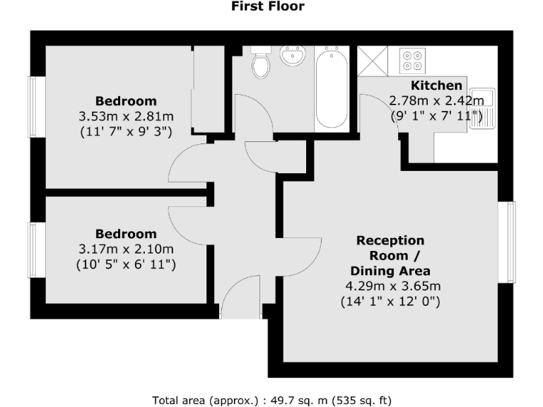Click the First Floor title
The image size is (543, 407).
268,6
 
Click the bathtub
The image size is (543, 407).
331,88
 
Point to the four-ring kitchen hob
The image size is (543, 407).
413,60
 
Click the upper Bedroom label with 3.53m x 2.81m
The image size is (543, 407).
126,101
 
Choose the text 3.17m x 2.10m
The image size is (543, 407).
126,249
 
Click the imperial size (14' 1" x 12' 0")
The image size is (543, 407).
390,302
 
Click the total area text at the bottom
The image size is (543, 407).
271,400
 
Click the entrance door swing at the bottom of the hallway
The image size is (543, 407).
240,300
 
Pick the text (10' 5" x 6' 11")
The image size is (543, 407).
126,264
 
